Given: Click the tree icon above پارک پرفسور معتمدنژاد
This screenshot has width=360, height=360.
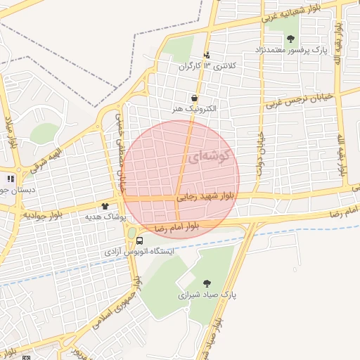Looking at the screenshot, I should tap(291, 39).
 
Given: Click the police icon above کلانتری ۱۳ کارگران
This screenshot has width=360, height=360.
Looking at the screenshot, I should tap(206, 56).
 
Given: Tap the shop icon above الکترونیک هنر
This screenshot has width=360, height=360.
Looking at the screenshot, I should tap(194, 98).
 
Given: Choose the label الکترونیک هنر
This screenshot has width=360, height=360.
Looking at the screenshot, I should tap(195, 110).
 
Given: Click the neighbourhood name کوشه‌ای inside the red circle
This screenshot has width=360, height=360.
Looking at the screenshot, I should tap(209, 159).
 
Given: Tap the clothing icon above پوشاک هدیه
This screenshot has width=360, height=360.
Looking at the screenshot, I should tap(105, 206).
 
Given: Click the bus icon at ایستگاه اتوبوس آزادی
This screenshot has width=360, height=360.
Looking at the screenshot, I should tap(141, 240).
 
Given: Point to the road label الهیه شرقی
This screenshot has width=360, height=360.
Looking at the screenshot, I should tap(51, 156).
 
